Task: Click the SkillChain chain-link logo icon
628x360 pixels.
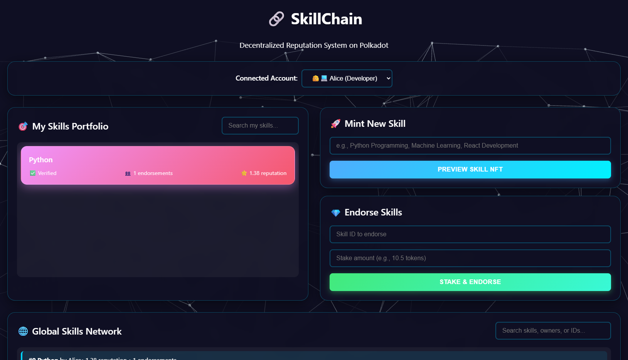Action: tap(276, 19)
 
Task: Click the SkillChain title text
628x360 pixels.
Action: tap(326, 19)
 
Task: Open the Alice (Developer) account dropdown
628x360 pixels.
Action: tap(347, 78)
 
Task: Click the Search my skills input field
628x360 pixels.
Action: tap(260, 126)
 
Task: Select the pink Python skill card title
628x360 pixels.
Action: tap(41, 160)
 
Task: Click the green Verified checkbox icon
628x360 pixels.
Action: tap(33, 173)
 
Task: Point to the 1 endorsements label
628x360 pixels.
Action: tap(153, 173)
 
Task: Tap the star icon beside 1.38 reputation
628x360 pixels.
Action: tap(244, 173)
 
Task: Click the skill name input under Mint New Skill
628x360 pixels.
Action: tap(470, 146)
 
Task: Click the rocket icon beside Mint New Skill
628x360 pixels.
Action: tap(335, 124)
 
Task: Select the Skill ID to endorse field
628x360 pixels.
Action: tap(470, 234)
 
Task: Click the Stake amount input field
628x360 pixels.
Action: tap(470, 258)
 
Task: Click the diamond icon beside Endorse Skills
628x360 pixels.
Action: tap(335, 213)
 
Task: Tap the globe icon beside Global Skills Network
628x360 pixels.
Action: tap(23, 331)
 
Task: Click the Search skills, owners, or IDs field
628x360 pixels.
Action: tap(553, 331)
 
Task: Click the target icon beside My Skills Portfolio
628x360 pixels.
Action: tap(23, 126)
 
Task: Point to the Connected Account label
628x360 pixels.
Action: tap(266, 78)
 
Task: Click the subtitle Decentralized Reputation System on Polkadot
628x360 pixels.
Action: tap(314, 45)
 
